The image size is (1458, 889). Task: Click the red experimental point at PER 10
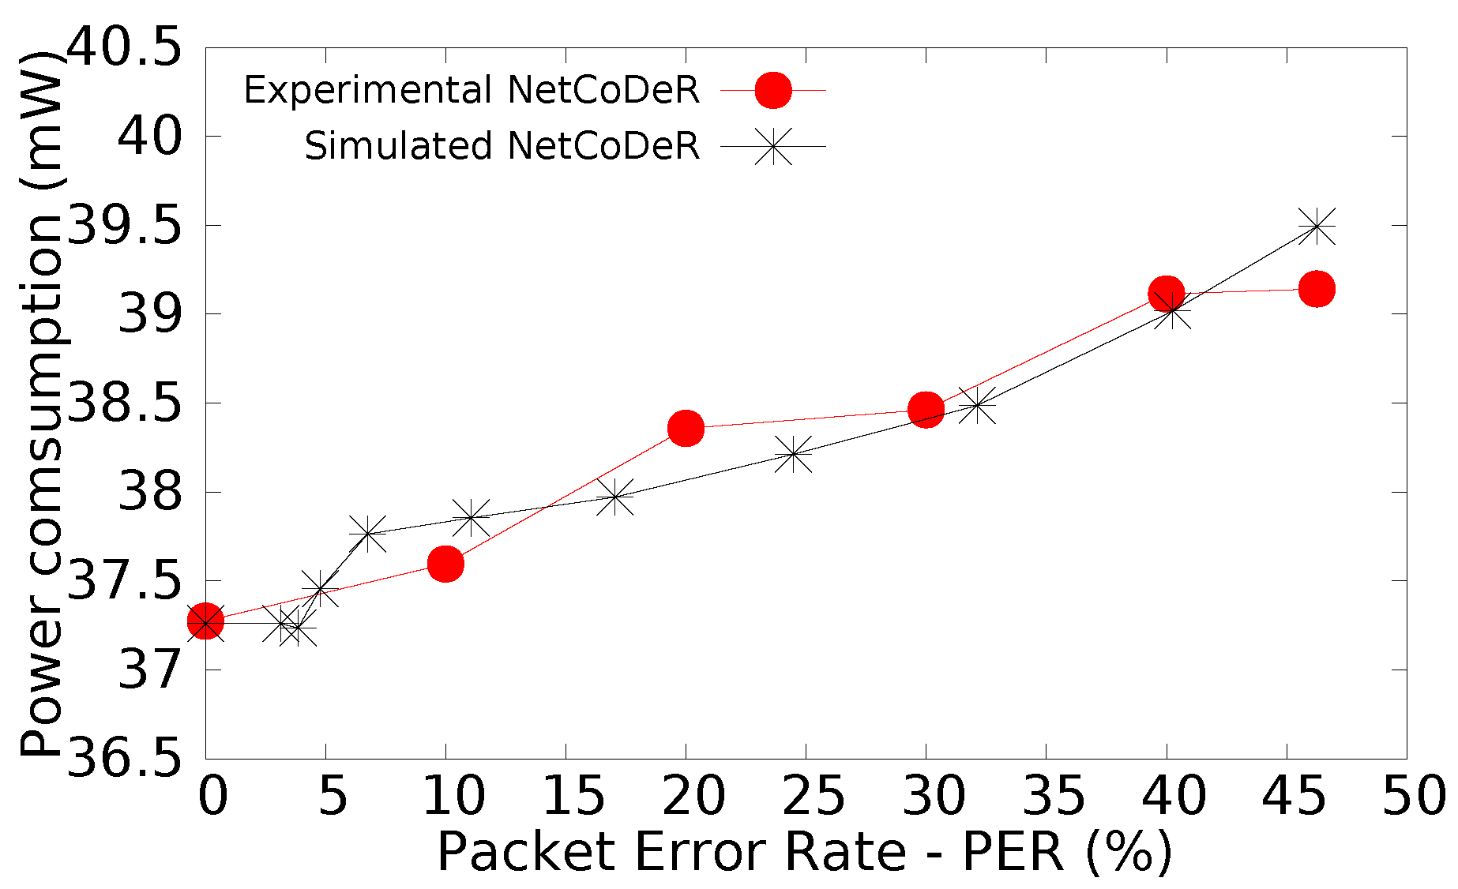click(445, 564)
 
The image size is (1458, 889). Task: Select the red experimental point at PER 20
click(686, 428)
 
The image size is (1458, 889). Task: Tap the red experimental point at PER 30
click(926, 409)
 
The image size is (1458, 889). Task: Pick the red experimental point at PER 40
click(1166, 293)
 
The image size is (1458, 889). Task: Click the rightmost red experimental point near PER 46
click(1317, 289)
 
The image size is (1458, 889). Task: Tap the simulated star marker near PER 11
click(472, 517)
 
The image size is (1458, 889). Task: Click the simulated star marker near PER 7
click(368, 534)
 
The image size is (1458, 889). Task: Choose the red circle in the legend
click(772, 90)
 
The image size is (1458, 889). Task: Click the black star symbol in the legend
click(772, 146)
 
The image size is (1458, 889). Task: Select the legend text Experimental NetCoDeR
click(472, 90)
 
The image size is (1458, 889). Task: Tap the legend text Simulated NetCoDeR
click(502, 146)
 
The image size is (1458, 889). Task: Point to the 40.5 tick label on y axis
click(122, 49)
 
